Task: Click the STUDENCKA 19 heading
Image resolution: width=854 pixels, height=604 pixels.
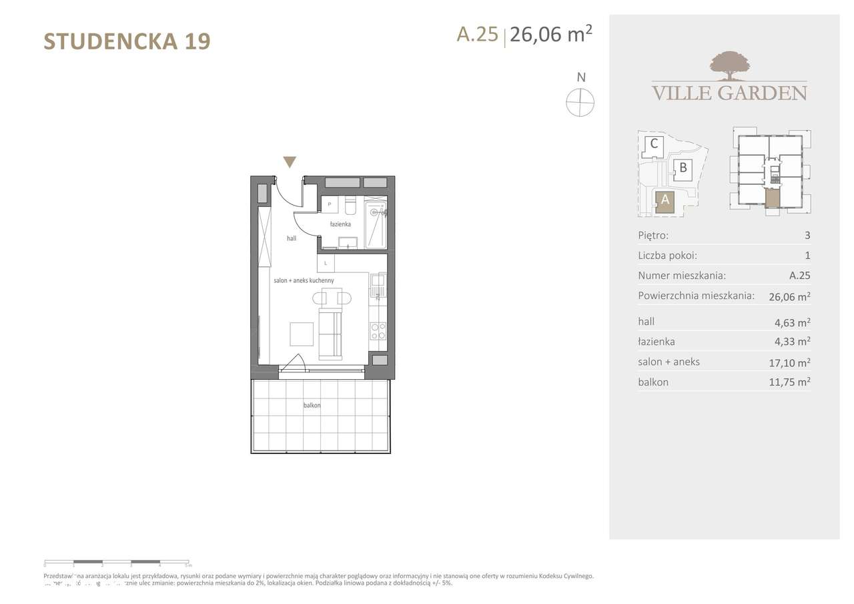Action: click(127, 41)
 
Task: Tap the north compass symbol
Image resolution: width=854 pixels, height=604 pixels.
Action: click(580, 103)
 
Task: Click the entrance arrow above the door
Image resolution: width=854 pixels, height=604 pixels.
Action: click(290, 162)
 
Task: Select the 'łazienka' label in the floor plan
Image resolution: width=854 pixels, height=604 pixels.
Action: click(340, 224)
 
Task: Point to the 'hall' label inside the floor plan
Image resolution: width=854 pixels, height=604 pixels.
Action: click(292, 238)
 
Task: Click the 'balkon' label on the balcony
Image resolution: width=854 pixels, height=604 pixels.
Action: click(312, 405)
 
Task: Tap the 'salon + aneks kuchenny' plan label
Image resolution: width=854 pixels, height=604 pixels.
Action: click(304, 281)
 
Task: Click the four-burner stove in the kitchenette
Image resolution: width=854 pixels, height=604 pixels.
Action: click(378, 331)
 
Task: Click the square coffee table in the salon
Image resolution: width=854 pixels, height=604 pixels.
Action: click(302, 333)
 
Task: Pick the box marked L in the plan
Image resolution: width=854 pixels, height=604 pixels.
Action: click(326, 263)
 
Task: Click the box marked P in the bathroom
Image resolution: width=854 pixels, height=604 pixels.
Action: click(330, 204)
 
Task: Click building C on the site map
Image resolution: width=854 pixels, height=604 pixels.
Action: click(655, 143)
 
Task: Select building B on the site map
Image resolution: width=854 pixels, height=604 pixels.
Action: click(683, 168)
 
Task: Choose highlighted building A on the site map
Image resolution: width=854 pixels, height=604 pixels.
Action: click(665, 201)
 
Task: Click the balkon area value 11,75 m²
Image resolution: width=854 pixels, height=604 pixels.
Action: click(790, 382)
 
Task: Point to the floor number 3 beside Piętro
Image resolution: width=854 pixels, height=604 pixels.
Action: click(807, 236)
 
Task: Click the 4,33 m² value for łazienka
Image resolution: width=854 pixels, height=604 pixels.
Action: click(790, 342)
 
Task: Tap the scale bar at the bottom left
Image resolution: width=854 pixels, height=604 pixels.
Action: click(117, 562)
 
